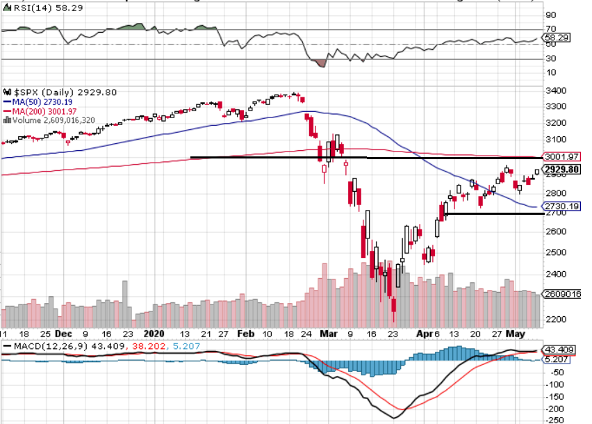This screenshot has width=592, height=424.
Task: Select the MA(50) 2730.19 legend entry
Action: (x=40, y=101)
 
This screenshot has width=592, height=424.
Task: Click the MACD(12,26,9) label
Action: (x=38, y=345)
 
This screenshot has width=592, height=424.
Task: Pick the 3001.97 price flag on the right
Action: (x=562, y=157)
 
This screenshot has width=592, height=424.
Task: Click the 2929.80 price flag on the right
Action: (x=562, y=170)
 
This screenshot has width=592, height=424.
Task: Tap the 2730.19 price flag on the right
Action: (x=562, y=206)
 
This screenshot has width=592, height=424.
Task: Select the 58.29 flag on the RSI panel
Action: (x=559, y=38)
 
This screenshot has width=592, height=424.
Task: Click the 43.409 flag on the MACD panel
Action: (x=560, y=349)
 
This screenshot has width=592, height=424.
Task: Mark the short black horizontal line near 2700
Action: (x=493, y=213)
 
